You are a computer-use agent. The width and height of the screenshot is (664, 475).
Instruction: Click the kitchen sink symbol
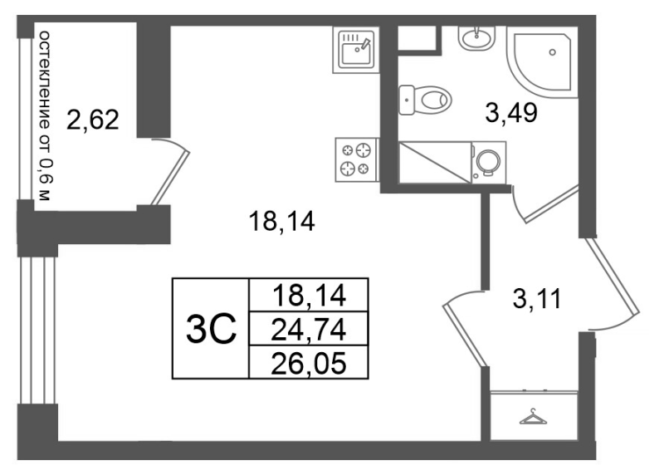(355, 50)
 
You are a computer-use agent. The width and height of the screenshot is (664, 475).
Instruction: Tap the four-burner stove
(356, 159)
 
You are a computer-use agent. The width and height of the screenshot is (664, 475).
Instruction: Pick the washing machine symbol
(489, 162)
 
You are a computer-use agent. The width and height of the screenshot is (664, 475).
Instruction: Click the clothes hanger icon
(534, 417)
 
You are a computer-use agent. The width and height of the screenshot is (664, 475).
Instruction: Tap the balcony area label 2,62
(93, 120)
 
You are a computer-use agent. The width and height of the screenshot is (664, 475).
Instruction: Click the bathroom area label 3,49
(511, 113)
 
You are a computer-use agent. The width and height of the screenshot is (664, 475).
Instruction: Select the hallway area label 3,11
(536, 299)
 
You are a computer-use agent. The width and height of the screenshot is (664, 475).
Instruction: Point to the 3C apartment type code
(211, 328)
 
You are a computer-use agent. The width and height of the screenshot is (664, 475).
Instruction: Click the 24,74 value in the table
(308, 330)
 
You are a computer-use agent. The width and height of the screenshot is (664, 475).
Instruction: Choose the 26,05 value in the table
(308, 364)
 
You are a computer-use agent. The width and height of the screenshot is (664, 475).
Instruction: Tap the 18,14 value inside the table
(309, 296)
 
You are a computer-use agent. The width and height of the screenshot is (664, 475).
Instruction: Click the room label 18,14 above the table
(282, 222)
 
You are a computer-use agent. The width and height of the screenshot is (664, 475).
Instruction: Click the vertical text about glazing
(45, 115)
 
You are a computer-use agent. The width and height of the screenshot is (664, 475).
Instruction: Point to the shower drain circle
(552, 52)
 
